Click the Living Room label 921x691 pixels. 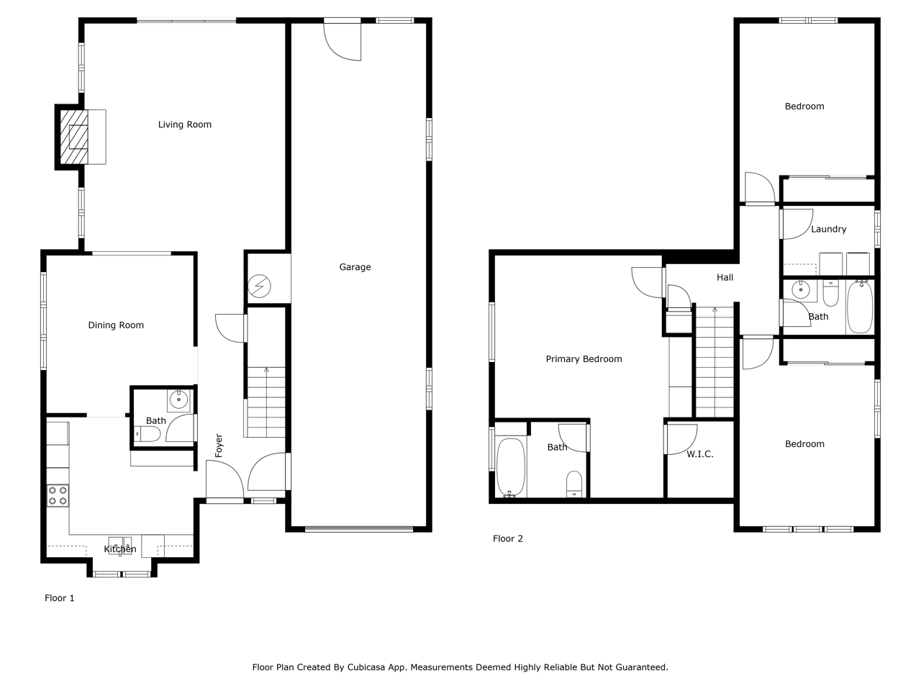(185, 125)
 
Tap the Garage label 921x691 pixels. (355, 267)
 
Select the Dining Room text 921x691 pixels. (116, 325)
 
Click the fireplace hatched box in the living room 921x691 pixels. (74, 137)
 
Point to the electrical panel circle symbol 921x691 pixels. (259, 286)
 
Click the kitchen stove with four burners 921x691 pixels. (58, 495)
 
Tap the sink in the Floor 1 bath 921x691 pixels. (179, 400)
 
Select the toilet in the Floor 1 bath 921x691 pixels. (147, 434)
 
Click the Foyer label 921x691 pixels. (219, 445)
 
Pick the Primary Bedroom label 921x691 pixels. (584, 359)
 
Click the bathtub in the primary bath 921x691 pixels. (511, 468)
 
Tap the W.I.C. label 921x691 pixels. (700, 454)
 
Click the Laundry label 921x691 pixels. (829, 230)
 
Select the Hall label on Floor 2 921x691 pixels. (725, 277)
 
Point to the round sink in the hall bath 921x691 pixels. (801, 289)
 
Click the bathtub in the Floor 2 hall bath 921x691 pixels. (860, 307)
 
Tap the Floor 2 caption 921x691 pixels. (508, 538)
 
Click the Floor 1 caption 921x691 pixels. (60, 598)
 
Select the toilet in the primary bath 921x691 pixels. (574, 484)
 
